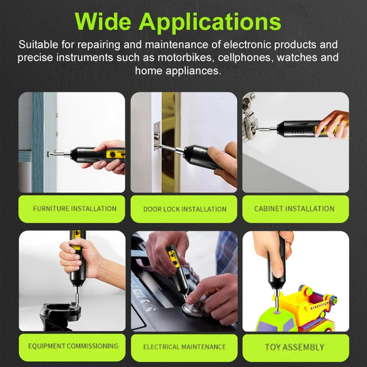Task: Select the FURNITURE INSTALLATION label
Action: (75, 209)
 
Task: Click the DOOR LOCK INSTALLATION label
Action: (185, 209)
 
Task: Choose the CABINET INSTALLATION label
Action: (294, 209)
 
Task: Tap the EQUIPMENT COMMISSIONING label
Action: (73, 346)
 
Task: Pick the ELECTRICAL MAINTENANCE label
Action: (184, 346)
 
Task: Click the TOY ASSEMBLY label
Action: (295, 346)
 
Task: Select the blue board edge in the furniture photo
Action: (37, 143)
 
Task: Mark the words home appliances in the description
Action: (178, 70)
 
